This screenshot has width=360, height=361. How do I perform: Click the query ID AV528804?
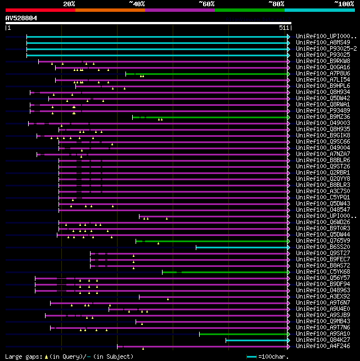coord(21,18)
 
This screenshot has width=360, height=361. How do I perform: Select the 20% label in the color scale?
coord(69,4)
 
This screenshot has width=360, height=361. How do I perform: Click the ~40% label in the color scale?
coord(137,4)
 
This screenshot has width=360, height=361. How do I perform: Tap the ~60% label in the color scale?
coord(206,4)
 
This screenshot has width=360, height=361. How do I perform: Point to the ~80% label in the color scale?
coord(276,4)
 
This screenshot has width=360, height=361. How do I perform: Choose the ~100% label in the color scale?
coord(344,4)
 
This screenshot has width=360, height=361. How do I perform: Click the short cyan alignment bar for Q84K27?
coord(256,340)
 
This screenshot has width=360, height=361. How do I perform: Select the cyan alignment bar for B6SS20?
coord(242,247)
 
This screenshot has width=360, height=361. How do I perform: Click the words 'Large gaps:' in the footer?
coord(22,356)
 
